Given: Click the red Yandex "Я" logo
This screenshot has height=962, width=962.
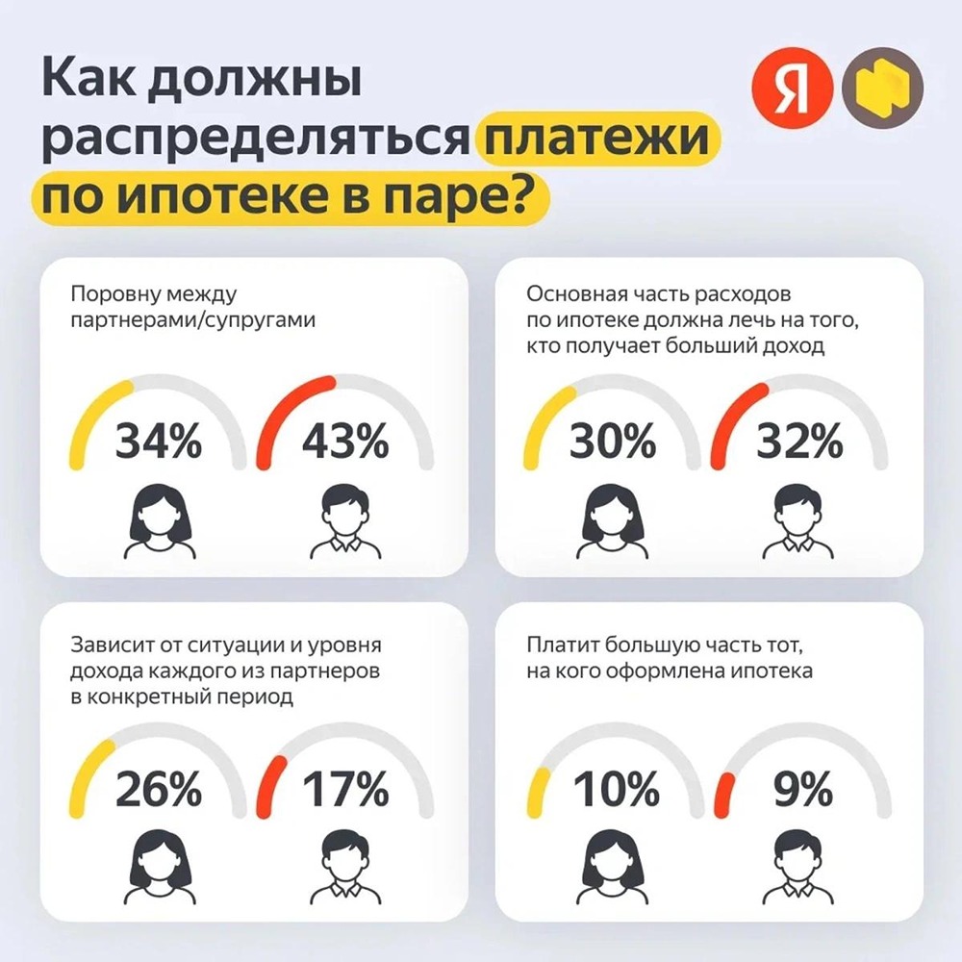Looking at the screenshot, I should tap(790, 89).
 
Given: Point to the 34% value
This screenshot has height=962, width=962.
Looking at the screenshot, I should tap(159, 443).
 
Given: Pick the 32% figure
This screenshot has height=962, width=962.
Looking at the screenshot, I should tap(799, 443).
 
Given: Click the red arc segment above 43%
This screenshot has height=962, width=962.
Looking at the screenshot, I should tap(289, 403).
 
